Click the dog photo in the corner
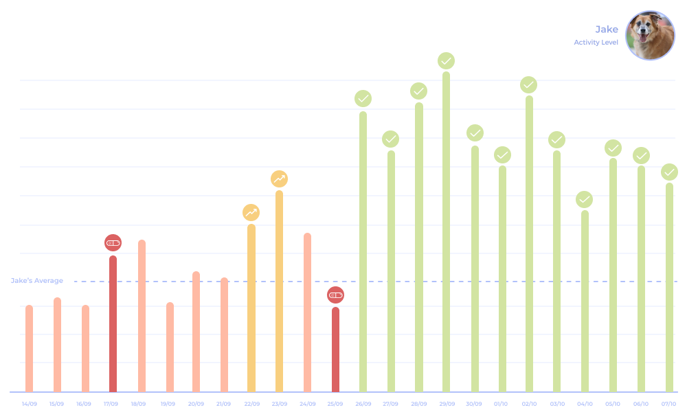[650, 36]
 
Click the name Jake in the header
[607, 29]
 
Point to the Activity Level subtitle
[596, 43]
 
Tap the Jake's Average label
[37, 281]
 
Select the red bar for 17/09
[113, 323]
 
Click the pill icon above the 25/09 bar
[335, 295]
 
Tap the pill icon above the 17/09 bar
[113, 242]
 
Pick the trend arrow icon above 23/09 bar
[279, 179]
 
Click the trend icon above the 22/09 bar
[251, 213]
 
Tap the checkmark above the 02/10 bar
[528, 85]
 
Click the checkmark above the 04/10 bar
[585, 200]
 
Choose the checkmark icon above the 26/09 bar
[363, 99]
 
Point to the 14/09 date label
[30, 404]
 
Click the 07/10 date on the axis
[669, 404]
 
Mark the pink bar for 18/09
[142, 316]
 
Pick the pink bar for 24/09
[307, 312]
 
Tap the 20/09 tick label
[196, 404]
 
